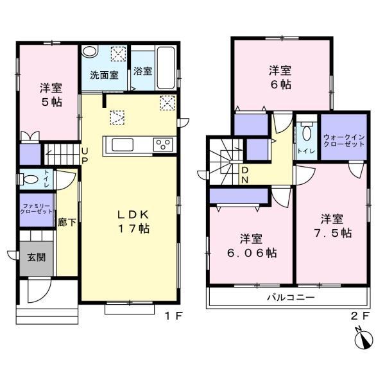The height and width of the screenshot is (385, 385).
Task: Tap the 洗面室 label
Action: coord(103,74)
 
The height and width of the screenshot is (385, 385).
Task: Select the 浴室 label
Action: coord(143,71)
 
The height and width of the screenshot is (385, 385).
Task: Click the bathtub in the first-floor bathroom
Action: coord(166,65)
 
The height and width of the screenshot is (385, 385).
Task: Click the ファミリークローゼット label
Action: coord(35,210)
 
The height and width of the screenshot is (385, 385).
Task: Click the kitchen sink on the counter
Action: coord(122,144)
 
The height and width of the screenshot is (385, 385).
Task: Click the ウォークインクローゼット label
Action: coord(344,140)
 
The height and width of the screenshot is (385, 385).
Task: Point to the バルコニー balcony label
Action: coord(291,298)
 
